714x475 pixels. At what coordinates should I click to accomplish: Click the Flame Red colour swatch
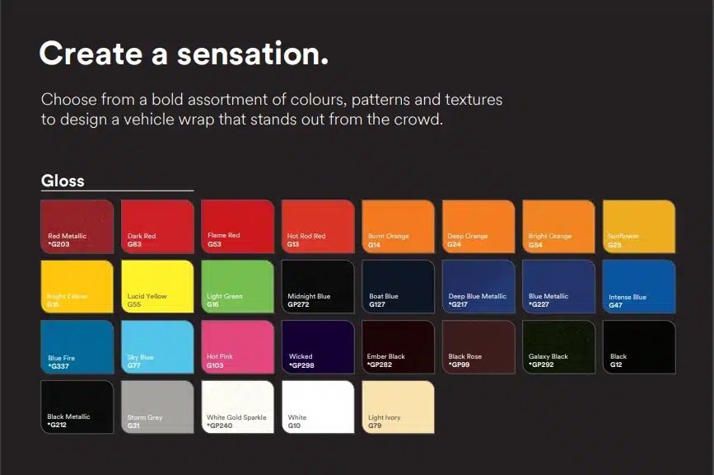pos(237,225)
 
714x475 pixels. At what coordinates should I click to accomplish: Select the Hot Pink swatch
pos(237,346)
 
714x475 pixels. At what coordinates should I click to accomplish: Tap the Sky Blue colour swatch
pos(157,346)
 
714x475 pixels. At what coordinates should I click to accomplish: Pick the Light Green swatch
pos(237,285)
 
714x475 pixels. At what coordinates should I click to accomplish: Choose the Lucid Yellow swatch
pos(157,285)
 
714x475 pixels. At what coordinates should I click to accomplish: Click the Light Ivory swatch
pos(398,407)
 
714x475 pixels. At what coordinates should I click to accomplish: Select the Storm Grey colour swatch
pos(157,407)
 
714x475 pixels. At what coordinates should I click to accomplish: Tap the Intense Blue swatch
pos(639,285)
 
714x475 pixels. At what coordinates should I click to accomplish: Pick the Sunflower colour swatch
pos(639,225)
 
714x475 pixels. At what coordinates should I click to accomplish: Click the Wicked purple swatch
pos(318,346)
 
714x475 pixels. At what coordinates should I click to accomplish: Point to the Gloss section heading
pos(63,181)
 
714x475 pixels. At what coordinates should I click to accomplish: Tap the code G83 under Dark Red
pos(135,245)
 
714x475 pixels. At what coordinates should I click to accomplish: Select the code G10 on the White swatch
pos(294,426)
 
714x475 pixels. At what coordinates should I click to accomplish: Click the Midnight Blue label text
pos(309,296)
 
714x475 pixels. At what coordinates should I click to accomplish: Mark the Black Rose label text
pos(464,357)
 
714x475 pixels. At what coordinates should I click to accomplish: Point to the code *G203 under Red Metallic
pos(59,245)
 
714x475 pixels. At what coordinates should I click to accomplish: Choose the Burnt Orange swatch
pos(398,225)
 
